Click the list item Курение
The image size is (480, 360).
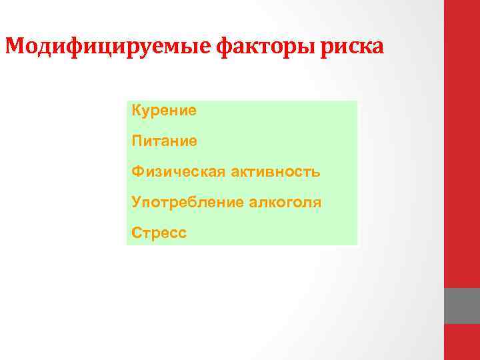164,110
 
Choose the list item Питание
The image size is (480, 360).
164,141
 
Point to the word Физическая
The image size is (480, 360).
178,171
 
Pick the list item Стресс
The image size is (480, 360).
159,233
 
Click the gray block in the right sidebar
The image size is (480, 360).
462,306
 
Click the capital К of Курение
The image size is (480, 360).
137,110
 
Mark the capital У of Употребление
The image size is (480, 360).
137,202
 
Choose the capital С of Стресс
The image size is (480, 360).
137,233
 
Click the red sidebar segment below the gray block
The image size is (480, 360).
462,342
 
